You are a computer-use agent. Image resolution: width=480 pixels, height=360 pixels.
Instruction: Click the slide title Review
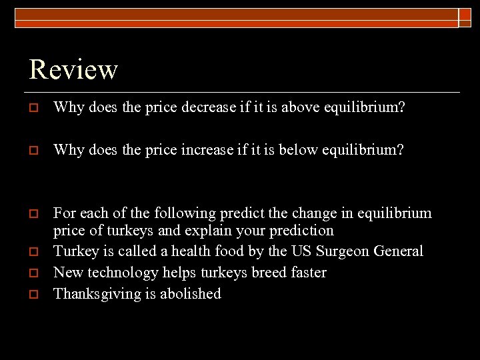[x=74, y=69]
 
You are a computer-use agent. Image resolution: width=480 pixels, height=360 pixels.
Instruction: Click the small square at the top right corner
[x=465, y=17]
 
